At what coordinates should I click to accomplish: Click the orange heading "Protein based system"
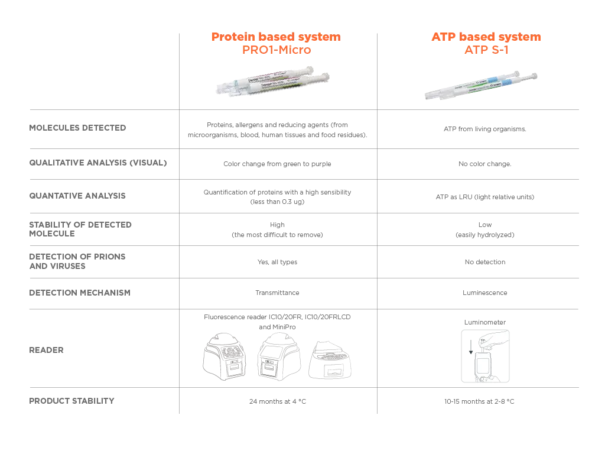pos(275,37)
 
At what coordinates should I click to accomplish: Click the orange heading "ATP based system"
pos(486,37)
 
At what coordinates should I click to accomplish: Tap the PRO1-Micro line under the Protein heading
pos(276,51)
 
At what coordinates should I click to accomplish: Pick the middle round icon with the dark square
pos(278,357)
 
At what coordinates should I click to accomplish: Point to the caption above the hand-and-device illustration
pos(484,322)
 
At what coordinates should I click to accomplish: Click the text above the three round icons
pos(278,321)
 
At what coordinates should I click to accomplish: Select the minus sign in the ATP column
pos(484,225)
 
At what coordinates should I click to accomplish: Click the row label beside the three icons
pos(47,351)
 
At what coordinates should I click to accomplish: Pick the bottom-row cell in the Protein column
pos(277,402)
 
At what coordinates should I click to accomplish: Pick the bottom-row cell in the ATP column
pos(480,402)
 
